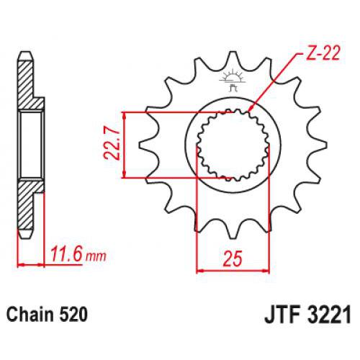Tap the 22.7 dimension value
click(x=109, y=145)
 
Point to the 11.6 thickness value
click(x=66, y=253)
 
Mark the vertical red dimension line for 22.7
click(x=127, y=144)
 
